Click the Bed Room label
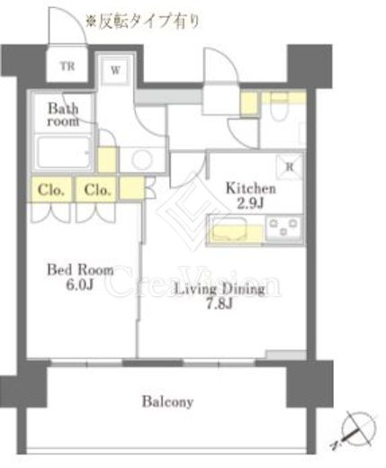[x=80, y=270]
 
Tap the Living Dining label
[x=220, y=289]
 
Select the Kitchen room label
[x=250, y=188]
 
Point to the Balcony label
[x=167, y=401]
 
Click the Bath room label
[x=63, y=115]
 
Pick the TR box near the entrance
[x=67, y=67]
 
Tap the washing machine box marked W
[x=115, y=70]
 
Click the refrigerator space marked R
[x=290, y=167]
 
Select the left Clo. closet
[x=51, y=190]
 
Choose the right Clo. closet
[x=96, y=190]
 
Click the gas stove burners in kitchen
[x=284, y=228]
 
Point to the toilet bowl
[x=279, y=107]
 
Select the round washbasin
[x=142, y=159]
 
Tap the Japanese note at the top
[x=143, y=22]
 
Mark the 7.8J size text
[x=220, y=304]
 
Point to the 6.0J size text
[x=80, y=284]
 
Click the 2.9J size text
[x=250, y=203]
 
